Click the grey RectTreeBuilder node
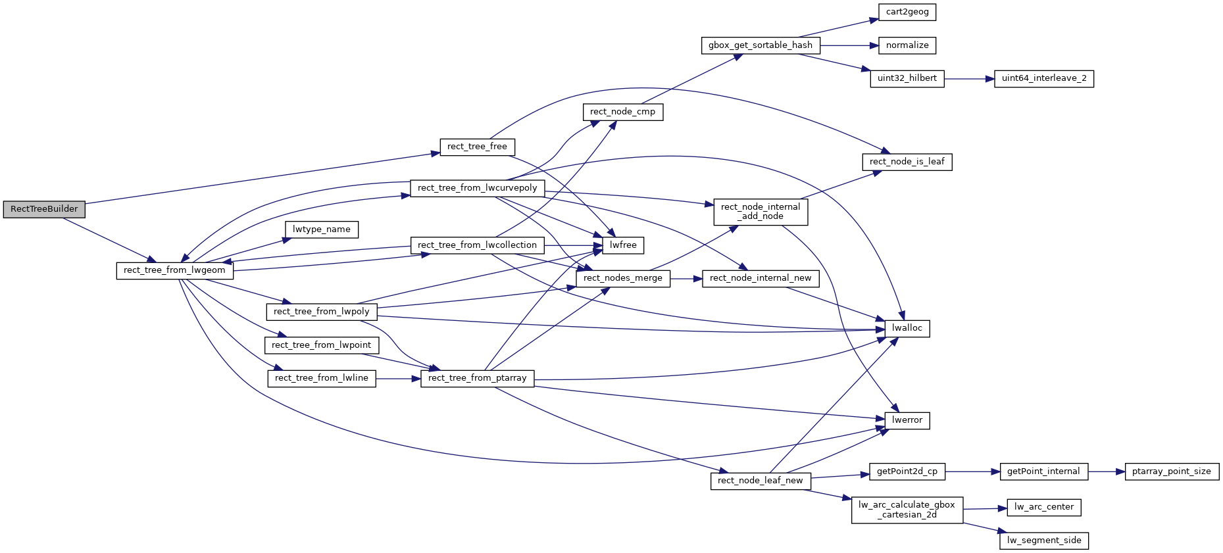tap(44, 209)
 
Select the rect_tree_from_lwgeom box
tap(174, 270)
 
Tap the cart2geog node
tap(907, 12)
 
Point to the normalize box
tap(907, 45)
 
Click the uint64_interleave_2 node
tap(1043, 78)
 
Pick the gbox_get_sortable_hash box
tap(760, 45)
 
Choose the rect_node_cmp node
tap(622, 112)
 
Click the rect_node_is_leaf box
tap(907, 162)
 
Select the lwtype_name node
tap(321, 229)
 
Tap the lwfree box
tap(622, 245)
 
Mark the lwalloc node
tap(907, 328)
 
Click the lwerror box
tap(907, 420)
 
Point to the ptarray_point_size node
tap(1171, 471)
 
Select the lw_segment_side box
tap(1043, 541)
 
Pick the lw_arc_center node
tap(1043, 507)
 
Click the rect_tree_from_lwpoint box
tap(321, 345)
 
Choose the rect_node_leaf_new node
tap(760, 481)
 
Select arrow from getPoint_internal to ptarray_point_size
tap(1106, 471)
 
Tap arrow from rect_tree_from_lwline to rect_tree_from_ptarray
tap(398, 378)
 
